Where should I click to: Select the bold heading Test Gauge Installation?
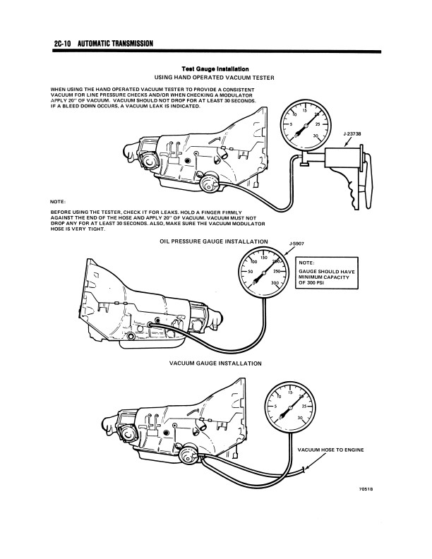(215, 68)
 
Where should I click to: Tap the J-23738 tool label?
(352, 133)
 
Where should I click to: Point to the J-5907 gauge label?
(297, 244)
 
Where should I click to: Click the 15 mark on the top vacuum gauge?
(304, 111)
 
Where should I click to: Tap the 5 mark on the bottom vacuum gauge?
(274, 407)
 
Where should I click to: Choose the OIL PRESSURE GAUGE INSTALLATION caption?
(214, 241)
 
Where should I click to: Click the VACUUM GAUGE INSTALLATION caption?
(216, 363)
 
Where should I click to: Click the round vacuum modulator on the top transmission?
(209, 185)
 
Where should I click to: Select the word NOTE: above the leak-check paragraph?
(59, 203)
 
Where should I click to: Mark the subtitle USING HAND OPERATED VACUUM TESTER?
(214, 76)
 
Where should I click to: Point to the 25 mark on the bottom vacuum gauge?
(304, 407)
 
